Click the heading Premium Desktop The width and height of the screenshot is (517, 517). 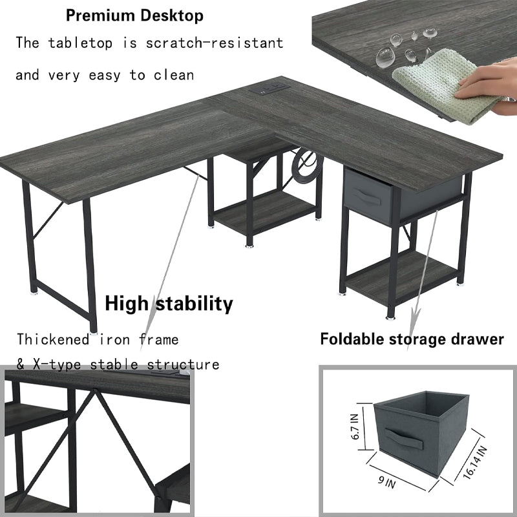point(134,15)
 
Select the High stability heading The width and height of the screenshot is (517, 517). point(169,303)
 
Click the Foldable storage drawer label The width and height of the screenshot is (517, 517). point(412,339)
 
